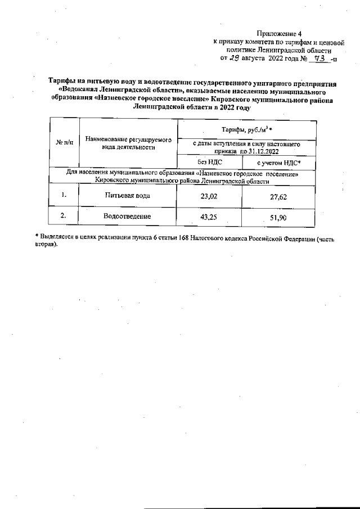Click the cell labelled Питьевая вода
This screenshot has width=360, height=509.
(127, 195)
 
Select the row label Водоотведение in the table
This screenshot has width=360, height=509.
(127, 216)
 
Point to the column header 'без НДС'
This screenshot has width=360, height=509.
(209, 161)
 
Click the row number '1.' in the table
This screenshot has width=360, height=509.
(64, 195)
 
